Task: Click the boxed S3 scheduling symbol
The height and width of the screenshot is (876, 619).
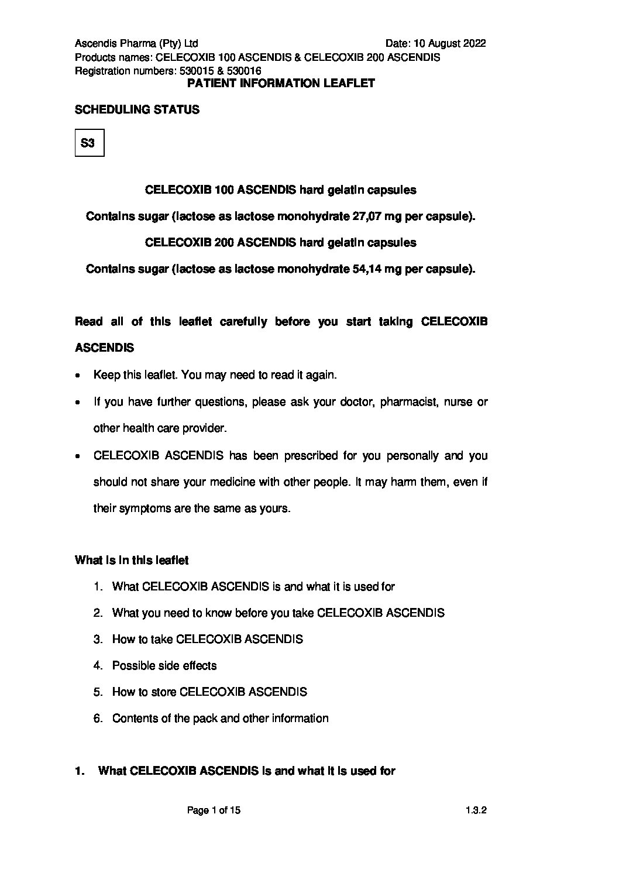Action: pyautogui.click(x=90, y=143)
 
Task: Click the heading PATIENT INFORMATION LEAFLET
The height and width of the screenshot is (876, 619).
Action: pyautogui.click(x=281, y=83)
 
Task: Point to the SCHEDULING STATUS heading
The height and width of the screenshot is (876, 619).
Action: pyautogui.click(x=137, y=109)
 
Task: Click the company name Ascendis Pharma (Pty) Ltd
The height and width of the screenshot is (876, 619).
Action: pyautogui.click(x=136, y=43)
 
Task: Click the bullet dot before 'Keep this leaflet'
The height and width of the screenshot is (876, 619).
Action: pyautogui.click(x=78, y=376)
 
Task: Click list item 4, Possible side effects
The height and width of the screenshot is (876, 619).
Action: pyautogui.click(x=164, y=665)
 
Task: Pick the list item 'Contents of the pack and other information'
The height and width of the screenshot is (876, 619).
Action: pyautogui.click(x=220, y=718)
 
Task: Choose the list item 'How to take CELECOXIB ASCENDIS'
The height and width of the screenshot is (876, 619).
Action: pyautogui.click(x=207, y=639)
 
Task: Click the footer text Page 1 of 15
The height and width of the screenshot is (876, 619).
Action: pyautogui.click(x=214, y=810)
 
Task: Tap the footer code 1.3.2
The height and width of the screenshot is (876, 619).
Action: pyautogui.click(x=476, y=810)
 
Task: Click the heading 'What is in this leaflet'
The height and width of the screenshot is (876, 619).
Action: pyautogui.click(x=132, y=560)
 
